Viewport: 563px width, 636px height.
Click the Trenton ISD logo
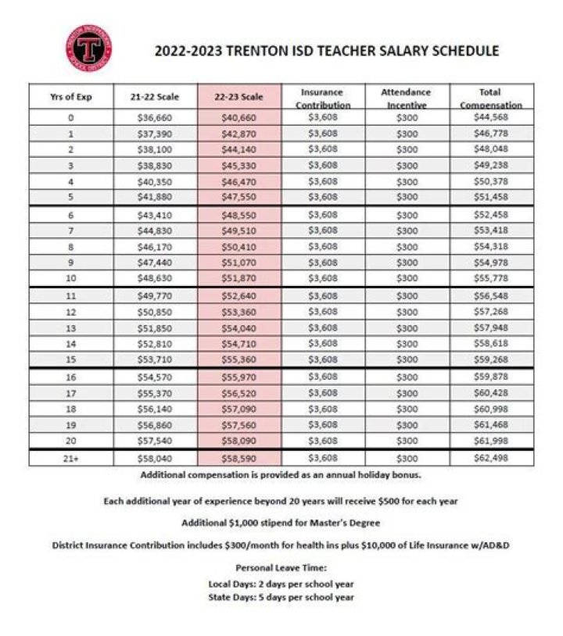pyautogui.click(x=88, y=48)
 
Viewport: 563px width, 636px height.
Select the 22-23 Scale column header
pyautogui.click(x=238, y=97)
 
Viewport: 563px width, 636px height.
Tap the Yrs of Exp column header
pyautogui.click(x=71, y=97)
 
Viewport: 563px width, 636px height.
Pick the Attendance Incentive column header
pyautogui.click(x=406, y=98)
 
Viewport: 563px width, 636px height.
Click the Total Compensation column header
pyautogui.click(x=491, y=98)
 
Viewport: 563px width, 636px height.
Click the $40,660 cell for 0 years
pyautogui.click(x=238, y=117)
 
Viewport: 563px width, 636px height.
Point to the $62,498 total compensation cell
pyautogui.click(x=491, y=458)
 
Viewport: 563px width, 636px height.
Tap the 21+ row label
pyautogui.click(x=71, y=459)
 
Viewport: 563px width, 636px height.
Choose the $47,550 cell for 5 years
pyautogui.click(x=238, y=197)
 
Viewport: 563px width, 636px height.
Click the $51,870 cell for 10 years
pyautogui.click(x=238, y=278)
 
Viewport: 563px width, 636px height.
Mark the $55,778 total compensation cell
pyautogui.click(x=491, y=278)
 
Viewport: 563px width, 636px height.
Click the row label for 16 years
pyautogui.click(x=71, y=377)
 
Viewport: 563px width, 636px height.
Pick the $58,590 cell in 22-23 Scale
pyautogui.click(x=238, y=459)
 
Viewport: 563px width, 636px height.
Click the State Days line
pyautogui.click(x=281, y=597)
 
